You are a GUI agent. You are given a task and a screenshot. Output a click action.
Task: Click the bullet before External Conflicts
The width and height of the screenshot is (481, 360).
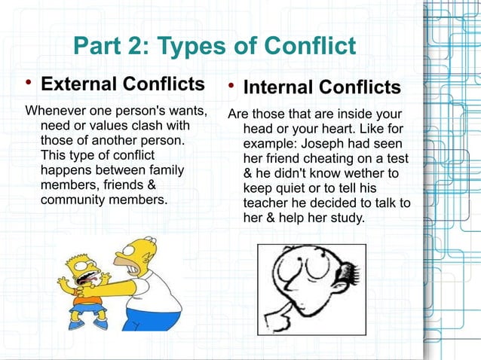coord(29,82)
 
